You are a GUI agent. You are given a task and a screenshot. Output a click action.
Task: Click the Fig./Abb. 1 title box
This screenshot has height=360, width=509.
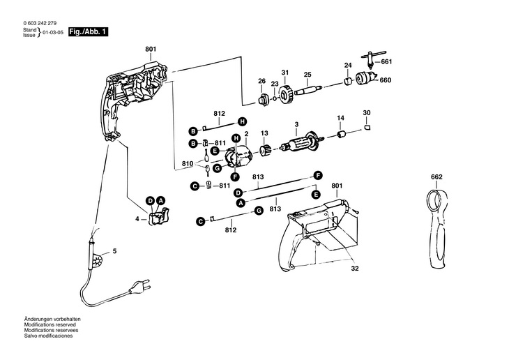pyautogui.click(x=88, y=32)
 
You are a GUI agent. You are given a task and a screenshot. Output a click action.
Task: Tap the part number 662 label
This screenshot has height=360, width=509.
pyautogui.click(x=436, y=177)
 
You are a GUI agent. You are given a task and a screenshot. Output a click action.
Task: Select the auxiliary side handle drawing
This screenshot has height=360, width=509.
pyautogui.click(x=437, y=228)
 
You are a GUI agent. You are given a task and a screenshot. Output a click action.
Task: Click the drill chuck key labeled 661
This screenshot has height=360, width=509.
pyautogui.click(x=372, y=59)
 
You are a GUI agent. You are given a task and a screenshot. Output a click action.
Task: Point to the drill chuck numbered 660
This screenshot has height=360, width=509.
pyautogui.click(x=366, y=78)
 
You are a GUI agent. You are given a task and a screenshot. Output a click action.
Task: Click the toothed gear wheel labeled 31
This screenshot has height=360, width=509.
pyautogui.click(x=286, y=94)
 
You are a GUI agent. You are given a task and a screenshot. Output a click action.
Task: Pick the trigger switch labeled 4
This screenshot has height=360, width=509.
pyautogui.click(x=159, y=216)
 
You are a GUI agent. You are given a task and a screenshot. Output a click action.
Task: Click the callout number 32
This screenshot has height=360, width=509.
pyautogui.click(x=355, y=269)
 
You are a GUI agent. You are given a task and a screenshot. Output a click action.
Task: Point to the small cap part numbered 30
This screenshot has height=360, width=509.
pyautogui.click(x=367, y=127)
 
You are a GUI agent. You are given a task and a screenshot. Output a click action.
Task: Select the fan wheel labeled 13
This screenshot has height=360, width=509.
pyautogui.click(x=265, y=151)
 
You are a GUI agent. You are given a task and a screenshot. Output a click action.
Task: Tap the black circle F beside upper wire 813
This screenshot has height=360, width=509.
pyautogui.click(x=318, y=176)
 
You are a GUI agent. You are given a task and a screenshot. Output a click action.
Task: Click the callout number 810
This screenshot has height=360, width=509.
pyautogui.click(x=188, y=163)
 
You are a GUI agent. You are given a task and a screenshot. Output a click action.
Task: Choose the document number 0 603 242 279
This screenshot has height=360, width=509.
pyautogui.click(x=40, y=23)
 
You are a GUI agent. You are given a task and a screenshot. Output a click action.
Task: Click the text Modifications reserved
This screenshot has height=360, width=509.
pyautogui.click(x=50, y=324)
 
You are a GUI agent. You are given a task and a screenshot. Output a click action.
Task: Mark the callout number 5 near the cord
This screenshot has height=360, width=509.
pyautogui.click(x=114, y=251)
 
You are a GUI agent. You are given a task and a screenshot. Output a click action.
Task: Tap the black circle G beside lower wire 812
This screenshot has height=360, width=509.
pyautogui.click(x=259, y=211)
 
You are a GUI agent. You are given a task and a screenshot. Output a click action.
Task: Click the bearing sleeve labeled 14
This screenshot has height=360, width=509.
pyautogui.click(x=342, y=134)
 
